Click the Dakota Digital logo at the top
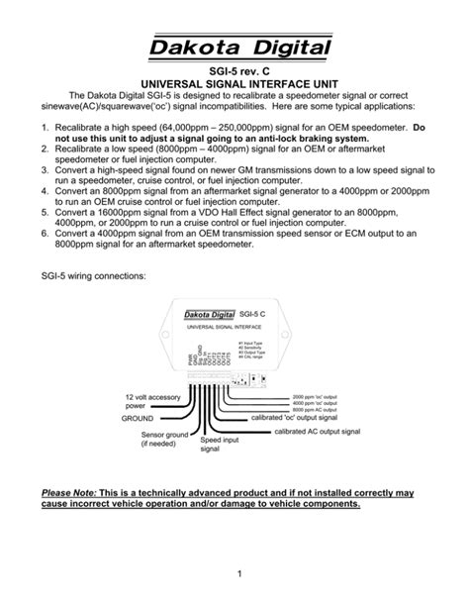(x=234, y=48)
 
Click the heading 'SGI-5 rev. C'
(x=234, y=73)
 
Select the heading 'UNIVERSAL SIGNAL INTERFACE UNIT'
(x=234, y=87)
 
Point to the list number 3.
(x=46, y=170)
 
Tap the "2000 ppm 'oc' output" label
(x=323, y=395)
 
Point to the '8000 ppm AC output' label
(x=321, y=409)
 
